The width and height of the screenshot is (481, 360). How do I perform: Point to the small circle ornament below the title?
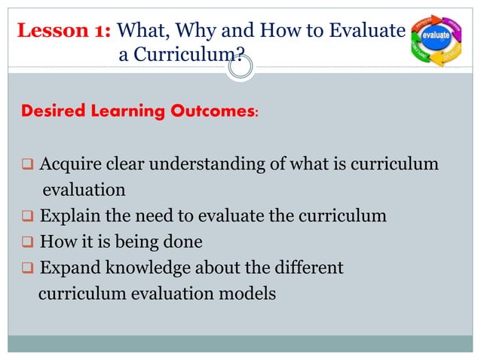pos(240,68)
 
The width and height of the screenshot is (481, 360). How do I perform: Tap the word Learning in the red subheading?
pos(129,111)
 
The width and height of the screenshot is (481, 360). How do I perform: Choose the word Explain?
pos(69,217)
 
